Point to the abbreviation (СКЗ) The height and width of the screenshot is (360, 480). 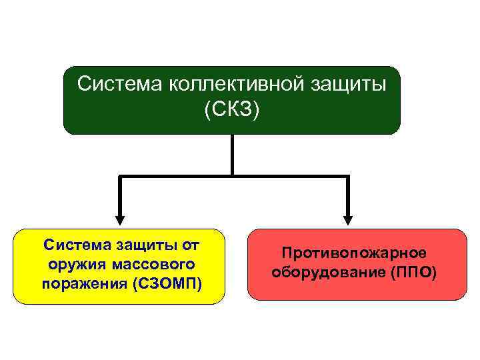pyautogui.click(x=231, y=109)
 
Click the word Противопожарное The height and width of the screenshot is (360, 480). pyautogui.click(x=354, y=253)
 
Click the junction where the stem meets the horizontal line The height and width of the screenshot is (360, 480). pyautogui.click(x=232, y=176)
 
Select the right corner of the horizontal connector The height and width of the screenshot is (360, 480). pyautogui.click(x=348, y=176)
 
